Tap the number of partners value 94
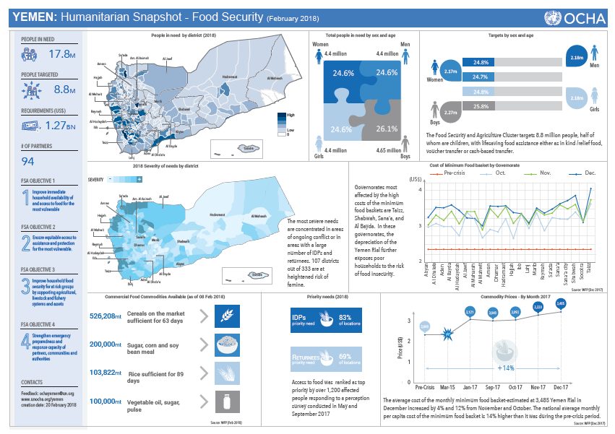(x=28, y=160)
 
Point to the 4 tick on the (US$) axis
(x=420, y=189)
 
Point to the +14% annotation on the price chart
(x=505, y=367)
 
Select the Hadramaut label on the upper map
(x=230, y=77)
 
